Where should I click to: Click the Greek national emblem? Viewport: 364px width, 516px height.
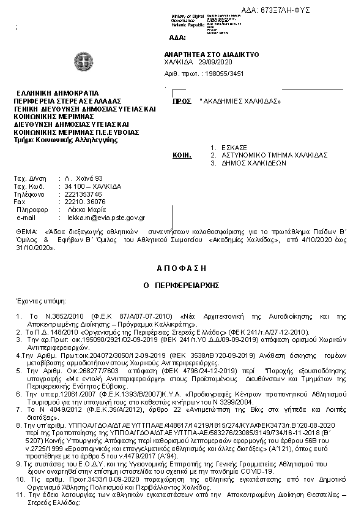click(81, 61)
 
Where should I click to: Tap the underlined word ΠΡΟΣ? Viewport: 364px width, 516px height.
click(182, 101)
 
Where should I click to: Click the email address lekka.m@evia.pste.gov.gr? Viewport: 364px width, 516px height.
click(106, 217)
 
